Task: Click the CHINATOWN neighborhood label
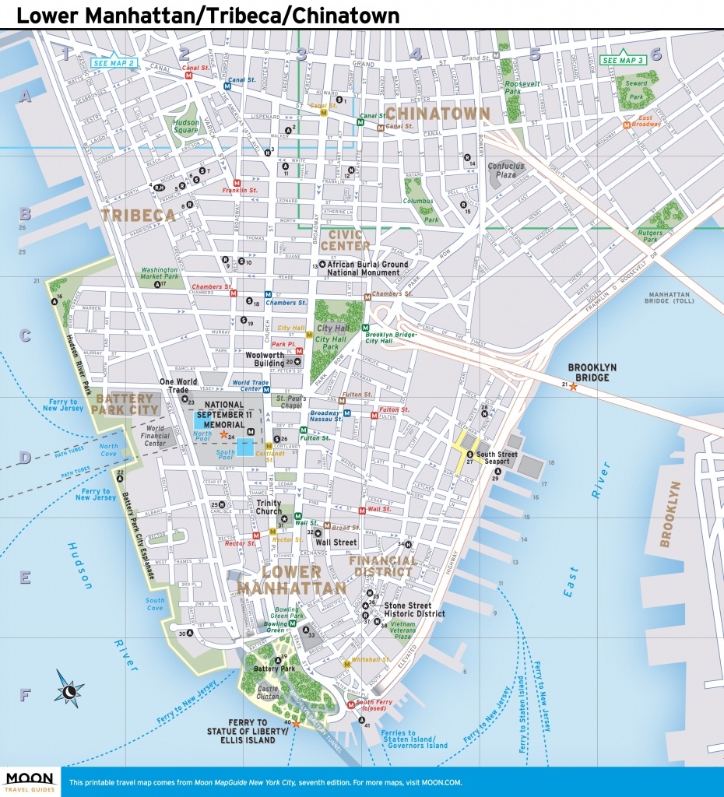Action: (438, 114)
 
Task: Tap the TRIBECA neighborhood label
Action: (137, 216)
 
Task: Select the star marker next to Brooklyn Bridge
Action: (574, 385)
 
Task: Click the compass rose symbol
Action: (70, 690)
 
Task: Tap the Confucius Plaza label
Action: (506, 170)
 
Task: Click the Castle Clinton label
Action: (268, 693)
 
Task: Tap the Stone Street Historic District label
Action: (415, 609)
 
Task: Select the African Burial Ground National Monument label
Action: (367, 269)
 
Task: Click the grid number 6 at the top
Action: (655, 54)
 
